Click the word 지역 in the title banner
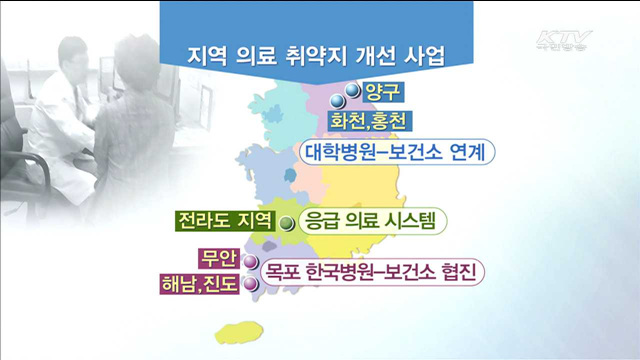point(208,53)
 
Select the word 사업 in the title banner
point(423,53)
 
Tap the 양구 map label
point(380,95)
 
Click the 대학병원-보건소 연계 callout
point(400,153)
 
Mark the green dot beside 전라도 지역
point(286,223)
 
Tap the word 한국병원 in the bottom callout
point(347,270)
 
